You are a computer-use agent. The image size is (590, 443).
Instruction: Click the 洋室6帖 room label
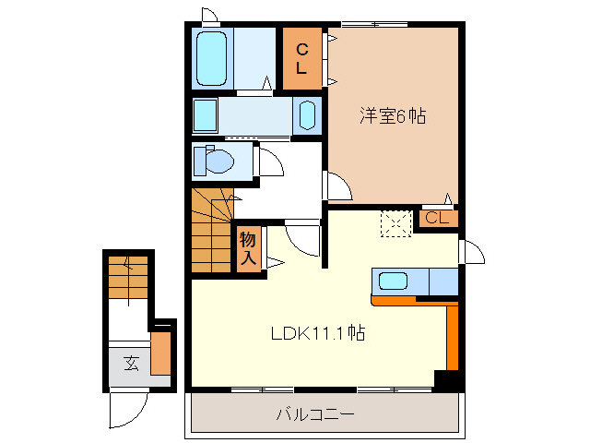pos(392,117)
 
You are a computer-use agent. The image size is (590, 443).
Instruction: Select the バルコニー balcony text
pos(315,415)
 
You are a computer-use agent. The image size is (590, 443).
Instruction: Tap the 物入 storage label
pos(248,249)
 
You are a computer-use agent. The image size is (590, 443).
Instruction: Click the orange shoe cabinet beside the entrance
pos(161,353)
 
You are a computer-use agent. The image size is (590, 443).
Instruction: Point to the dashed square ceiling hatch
pos(396,223)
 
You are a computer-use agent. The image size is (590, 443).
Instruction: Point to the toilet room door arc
pos(270,164)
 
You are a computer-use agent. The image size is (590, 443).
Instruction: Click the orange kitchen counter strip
pos(451,332)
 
